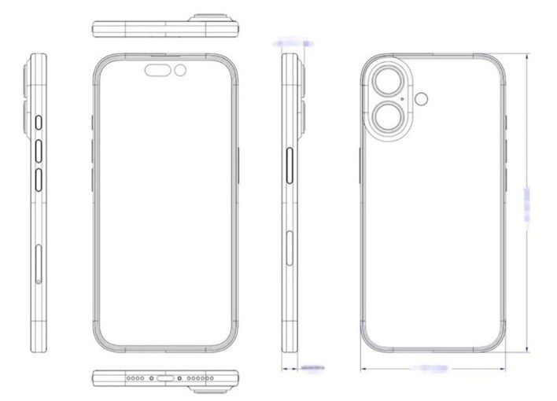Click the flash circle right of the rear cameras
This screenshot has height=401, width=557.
(424, 98)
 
